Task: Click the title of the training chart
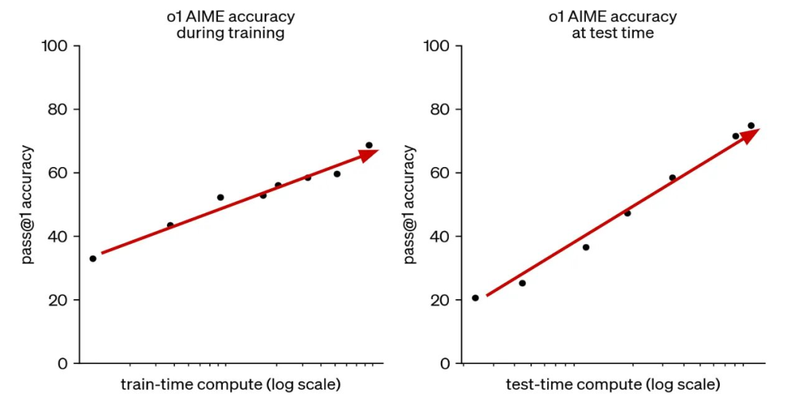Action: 230,25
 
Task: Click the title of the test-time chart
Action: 612,25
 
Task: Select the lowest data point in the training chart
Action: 93,258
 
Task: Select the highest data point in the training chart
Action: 369,145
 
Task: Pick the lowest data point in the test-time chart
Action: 475,298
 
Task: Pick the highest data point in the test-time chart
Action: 751,125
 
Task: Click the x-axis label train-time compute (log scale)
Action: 230,384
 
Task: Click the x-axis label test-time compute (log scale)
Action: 613,384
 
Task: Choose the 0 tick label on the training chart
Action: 64,363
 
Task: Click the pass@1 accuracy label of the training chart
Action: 27,205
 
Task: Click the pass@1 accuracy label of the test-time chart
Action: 409,205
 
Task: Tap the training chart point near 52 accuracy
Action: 220,197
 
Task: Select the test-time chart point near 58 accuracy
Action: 672,177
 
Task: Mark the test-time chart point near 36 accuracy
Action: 585,247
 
